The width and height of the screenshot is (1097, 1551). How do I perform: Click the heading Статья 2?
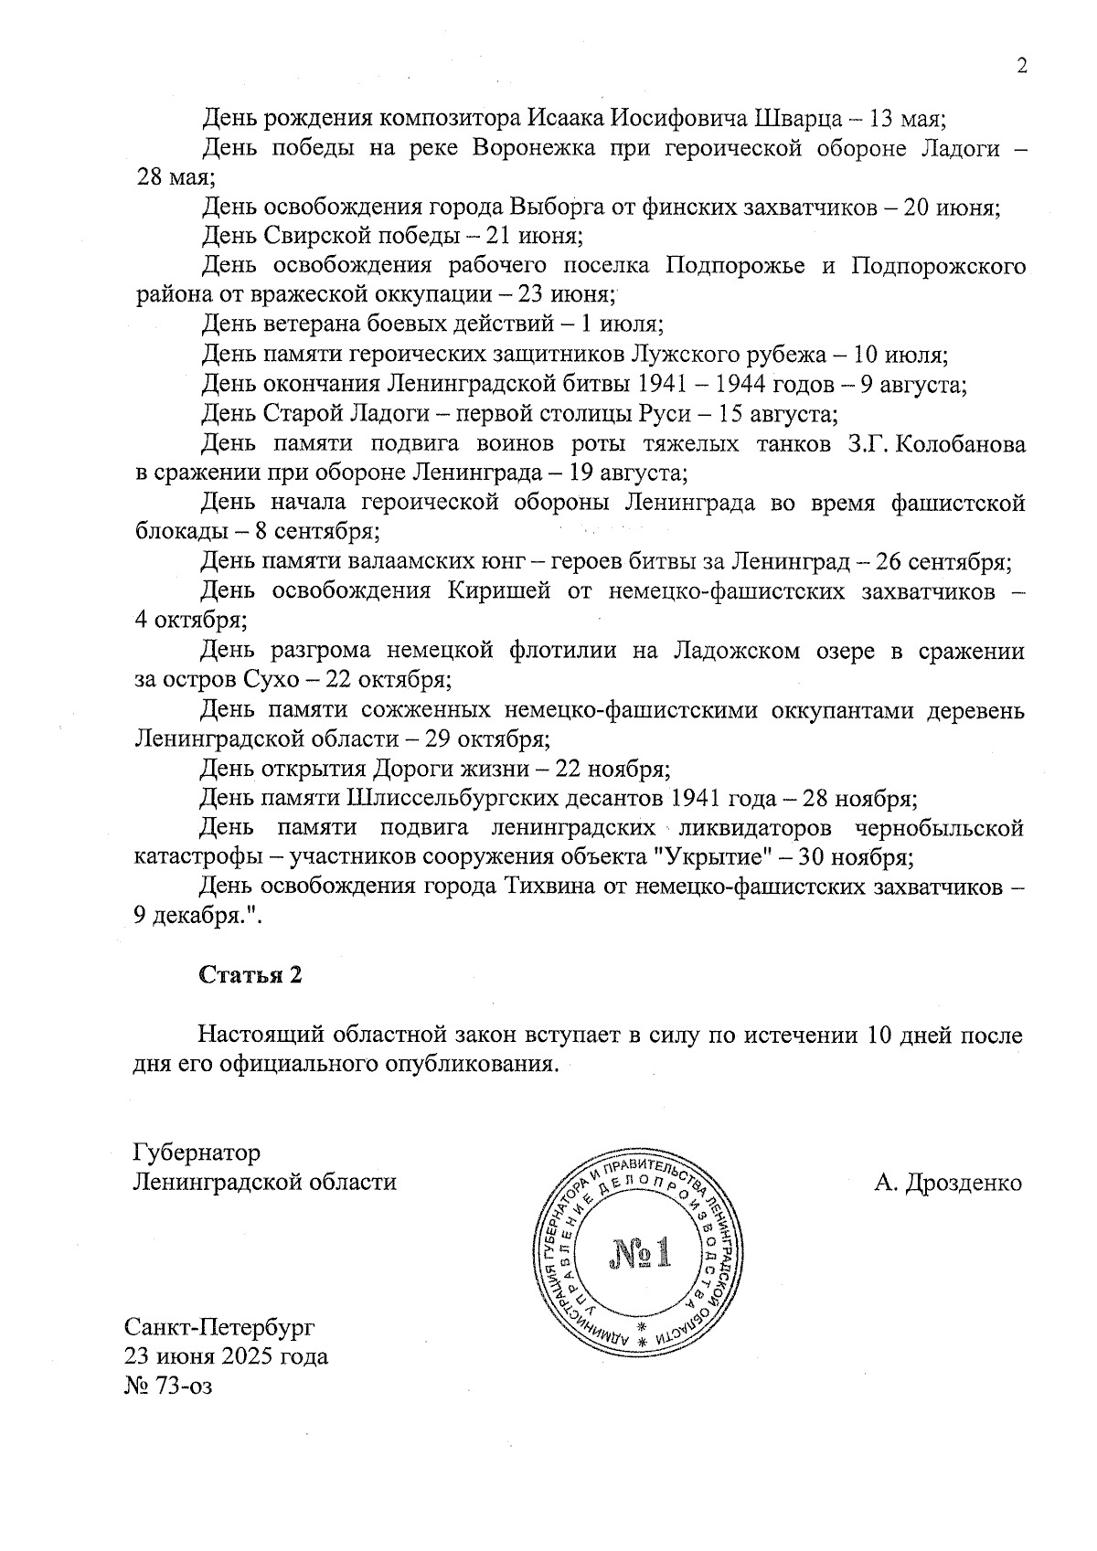pyautogui.click(x=250, y=975)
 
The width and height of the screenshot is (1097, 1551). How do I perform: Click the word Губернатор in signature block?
pyautogui.click(x=197, y=1152)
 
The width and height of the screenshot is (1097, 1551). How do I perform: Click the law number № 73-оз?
pyautogui.click(x=168, y=1386)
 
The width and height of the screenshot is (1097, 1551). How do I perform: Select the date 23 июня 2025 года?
pyautogui.click(x=227, y=1356)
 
